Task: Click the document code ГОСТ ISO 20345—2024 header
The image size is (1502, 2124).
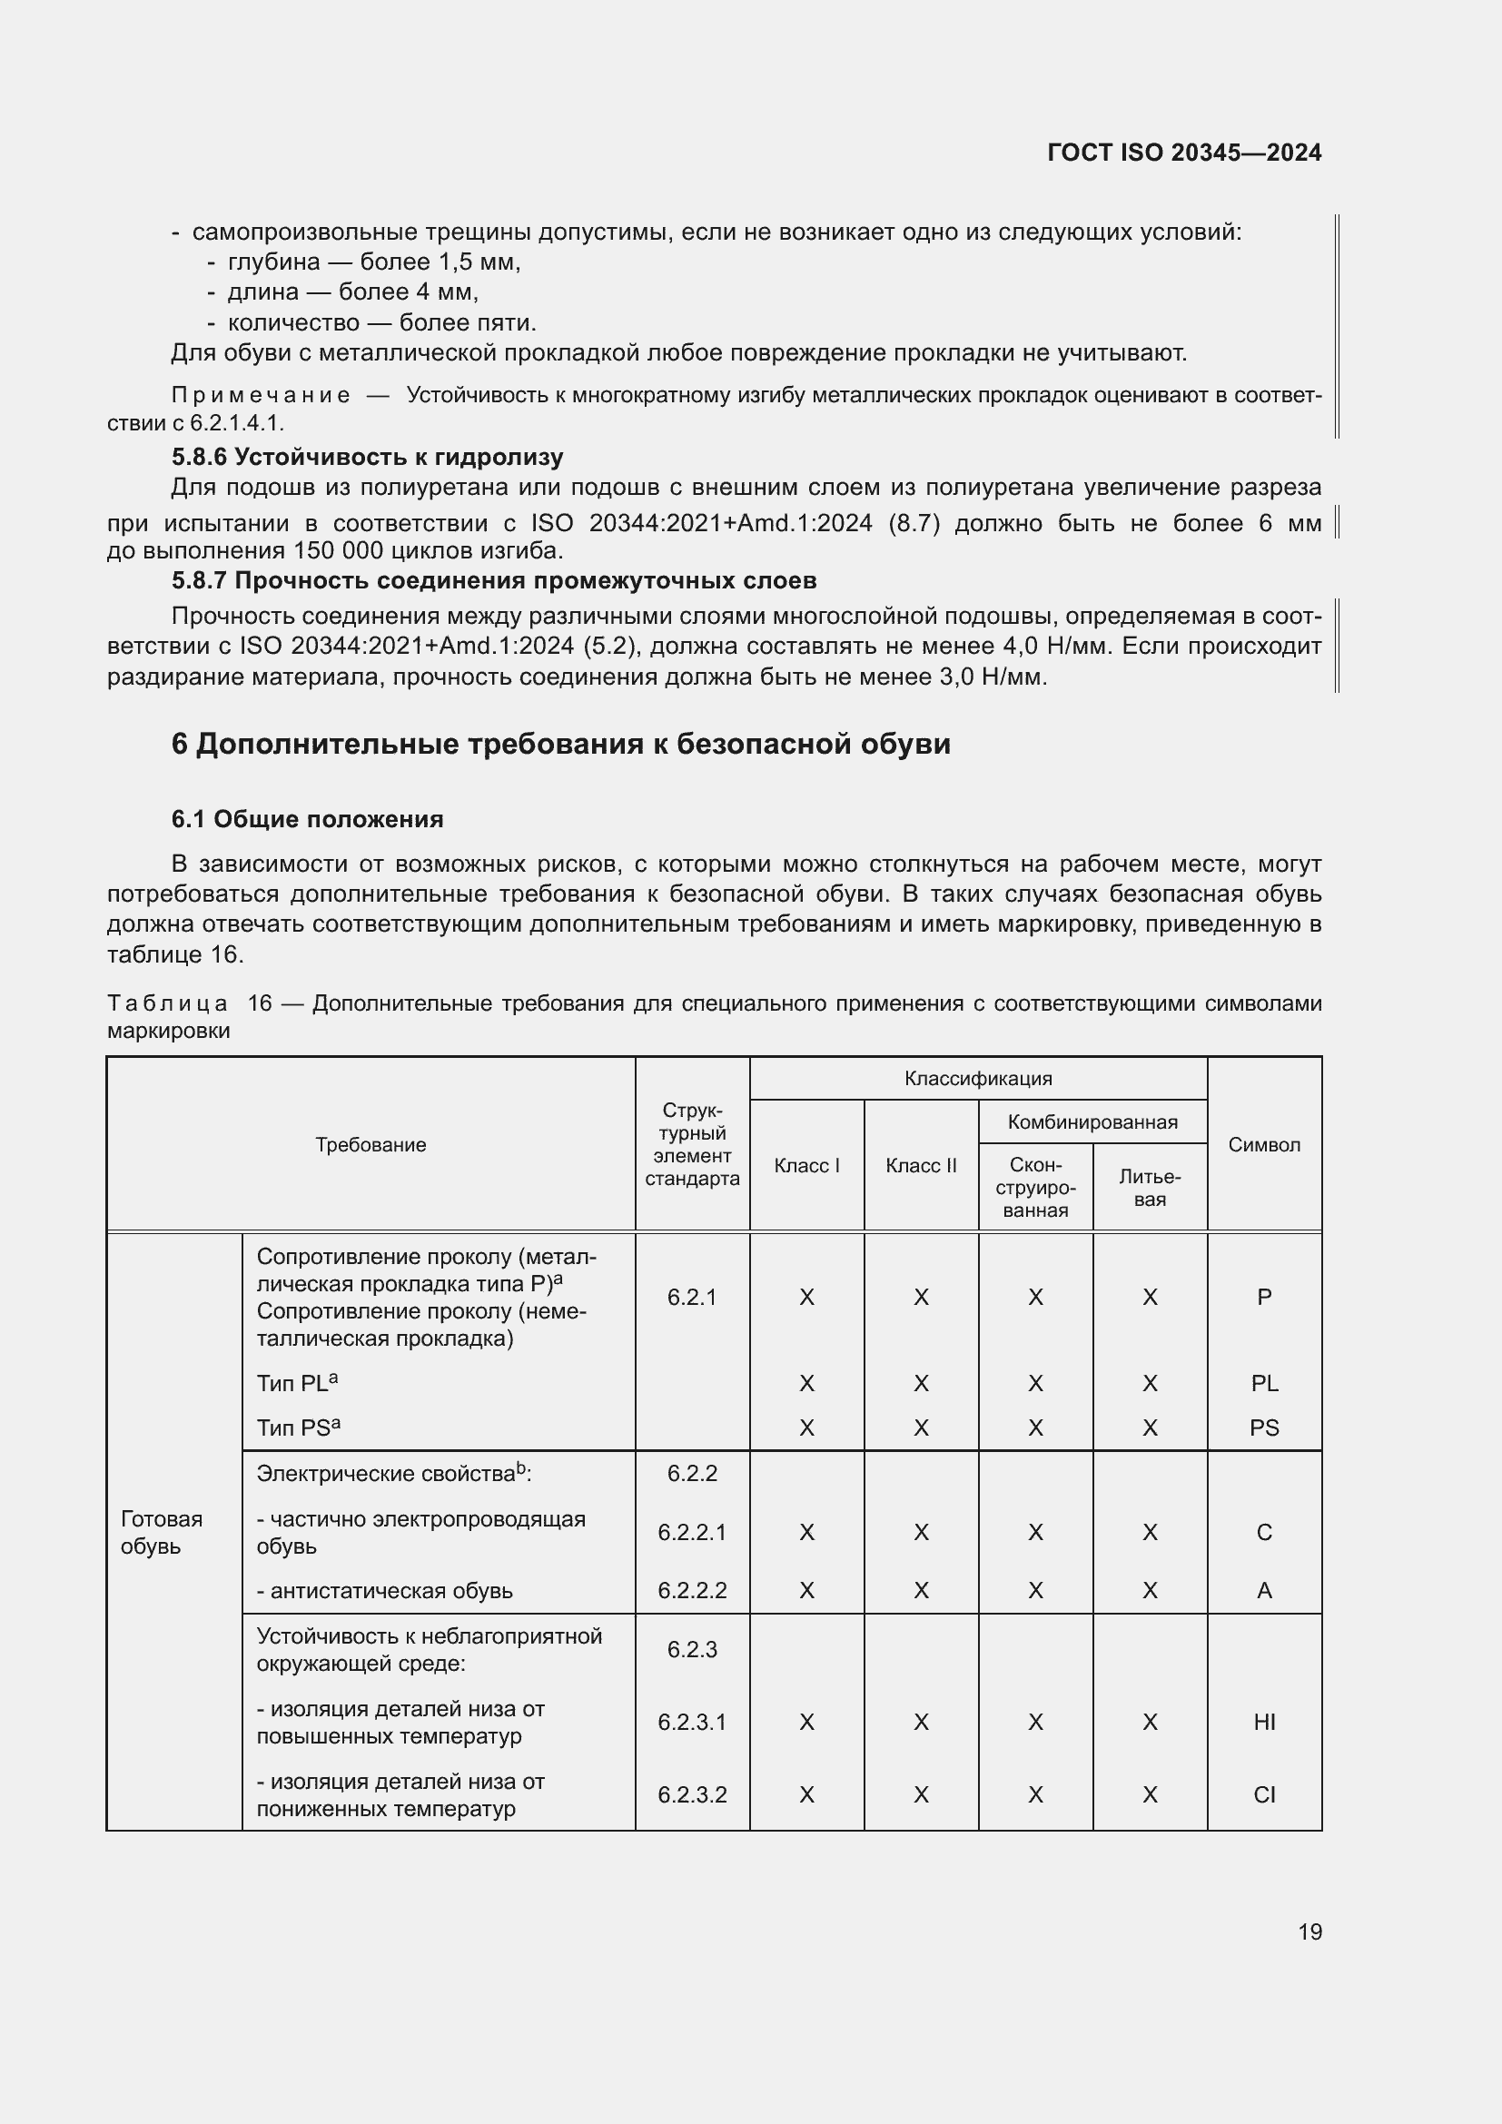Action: pyautogui.click(x=1184, y=153)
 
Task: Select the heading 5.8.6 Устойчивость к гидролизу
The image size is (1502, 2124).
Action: pyautogui.click(x=367, y=457)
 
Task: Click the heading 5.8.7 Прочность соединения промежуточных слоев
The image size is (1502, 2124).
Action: pyautogui.click(x=494, y=581)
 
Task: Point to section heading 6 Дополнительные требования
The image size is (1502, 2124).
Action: pyautogui.click(x=560, y=745)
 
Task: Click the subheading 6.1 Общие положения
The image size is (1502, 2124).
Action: pyautogui.click(x=307, y=820)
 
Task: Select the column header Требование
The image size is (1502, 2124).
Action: pyautogui.click(x=370, y=1145)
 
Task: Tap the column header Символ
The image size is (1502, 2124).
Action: pyautogui.click(x=1263, y=1145)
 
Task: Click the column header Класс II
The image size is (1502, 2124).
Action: pyautogui.click(x=920, y=1166)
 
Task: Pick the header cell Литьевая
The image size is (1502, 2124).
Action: pyautogui.click(x=1149, y=1188)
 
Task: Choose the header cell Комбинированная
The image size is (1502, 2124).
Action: pyautogui.click(x=1092, y=1122)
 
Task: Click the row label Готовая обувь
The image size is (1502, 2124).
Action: pyautogui.click(x=161, y=1533)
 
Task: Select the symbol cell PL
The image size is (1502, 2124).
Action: pyautogui.click(x=1263, y=1384)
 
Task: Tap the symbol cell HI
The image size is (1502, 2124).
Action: pyautogui.click(x=1263, y=1723)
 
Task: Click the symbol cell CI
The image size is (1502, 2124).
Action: pyautogui.click(x=1263, y=1795)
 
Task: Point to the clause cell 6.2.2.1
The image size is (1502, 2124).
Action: pyautogui.click(x=692, y=1533)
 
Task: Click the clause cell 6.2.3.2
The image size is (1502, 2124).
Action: pyautogui.click(x=692, y=1795)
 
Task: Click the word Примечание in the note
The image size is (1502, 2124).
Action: pyautogui.click(x=261, y=396)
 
